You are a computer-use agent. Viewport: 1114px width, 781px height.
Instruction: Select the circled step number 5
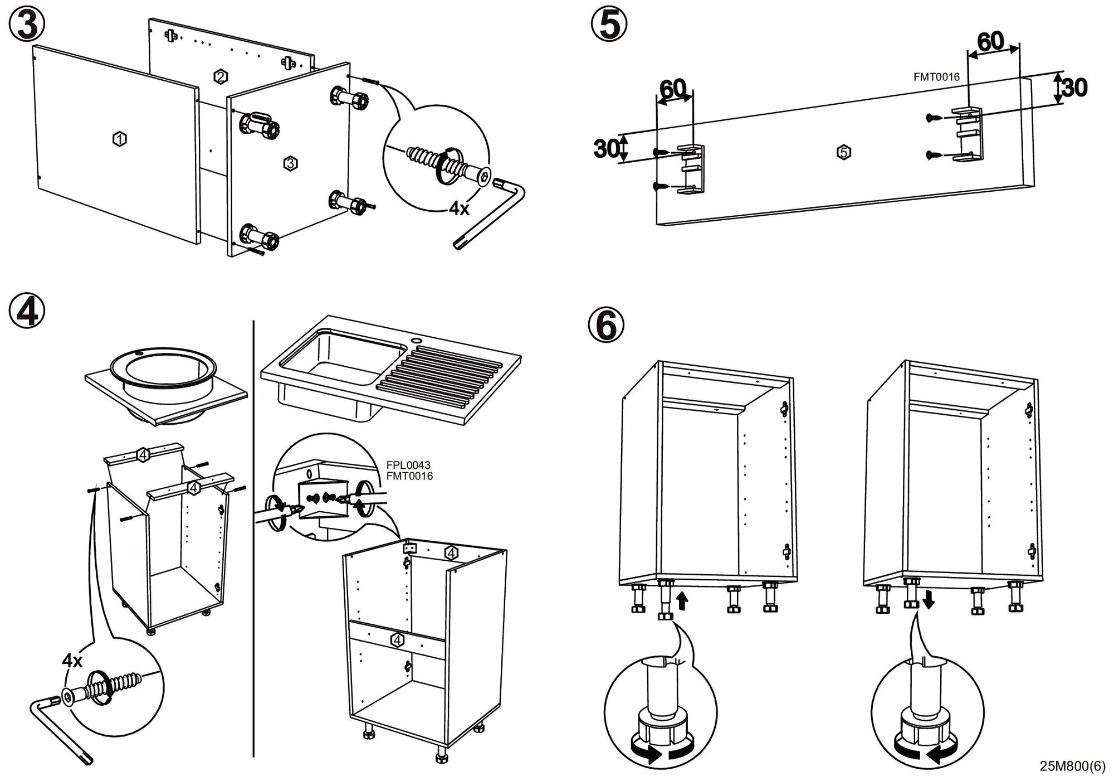609,25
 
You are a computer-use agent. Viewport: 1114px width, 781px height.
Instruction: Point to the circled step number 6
606,324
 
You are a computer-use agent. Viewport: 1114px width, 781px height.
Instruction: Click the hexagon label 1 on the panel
119,138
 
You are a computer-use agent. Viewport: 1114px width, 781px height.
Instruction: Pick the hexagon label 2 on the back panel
221,76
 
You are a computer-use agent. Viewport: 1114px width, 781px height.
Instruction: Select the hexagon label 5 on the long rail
844,152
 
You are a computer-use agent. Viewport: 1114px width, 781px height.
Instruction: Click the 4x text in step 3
460,208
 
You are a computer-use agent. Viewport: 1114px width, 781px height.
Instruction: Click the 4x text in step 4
72,661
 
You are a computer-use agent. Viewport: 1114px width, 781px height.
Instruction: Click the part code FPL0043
408,465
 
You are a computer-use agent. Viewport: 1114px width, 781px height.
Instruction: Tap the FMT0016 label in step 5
936,77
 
